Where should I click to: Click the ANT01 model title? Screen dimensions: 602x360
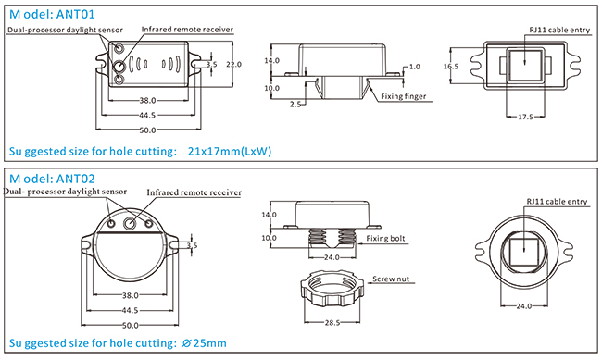52,14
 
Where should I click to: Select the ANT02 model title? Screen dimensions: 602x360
52,179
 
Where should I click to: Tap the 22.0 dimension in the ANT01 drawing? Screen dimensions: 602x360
233,64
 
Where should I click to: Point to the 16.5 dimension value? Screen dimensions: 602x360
451,67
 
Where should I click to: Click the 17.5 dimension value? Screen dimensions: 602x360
525,117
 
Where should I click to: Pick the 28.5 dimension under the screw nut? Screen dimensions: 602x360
332,323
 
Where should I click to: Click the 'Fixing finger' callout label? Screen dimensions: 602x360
404,96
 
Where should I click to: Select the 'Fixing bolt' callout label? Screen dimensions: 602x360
385,239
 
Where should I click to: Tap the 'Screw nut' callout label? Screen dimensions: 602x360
391,279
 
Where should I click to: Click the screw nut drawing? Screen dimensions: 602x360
332,289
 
